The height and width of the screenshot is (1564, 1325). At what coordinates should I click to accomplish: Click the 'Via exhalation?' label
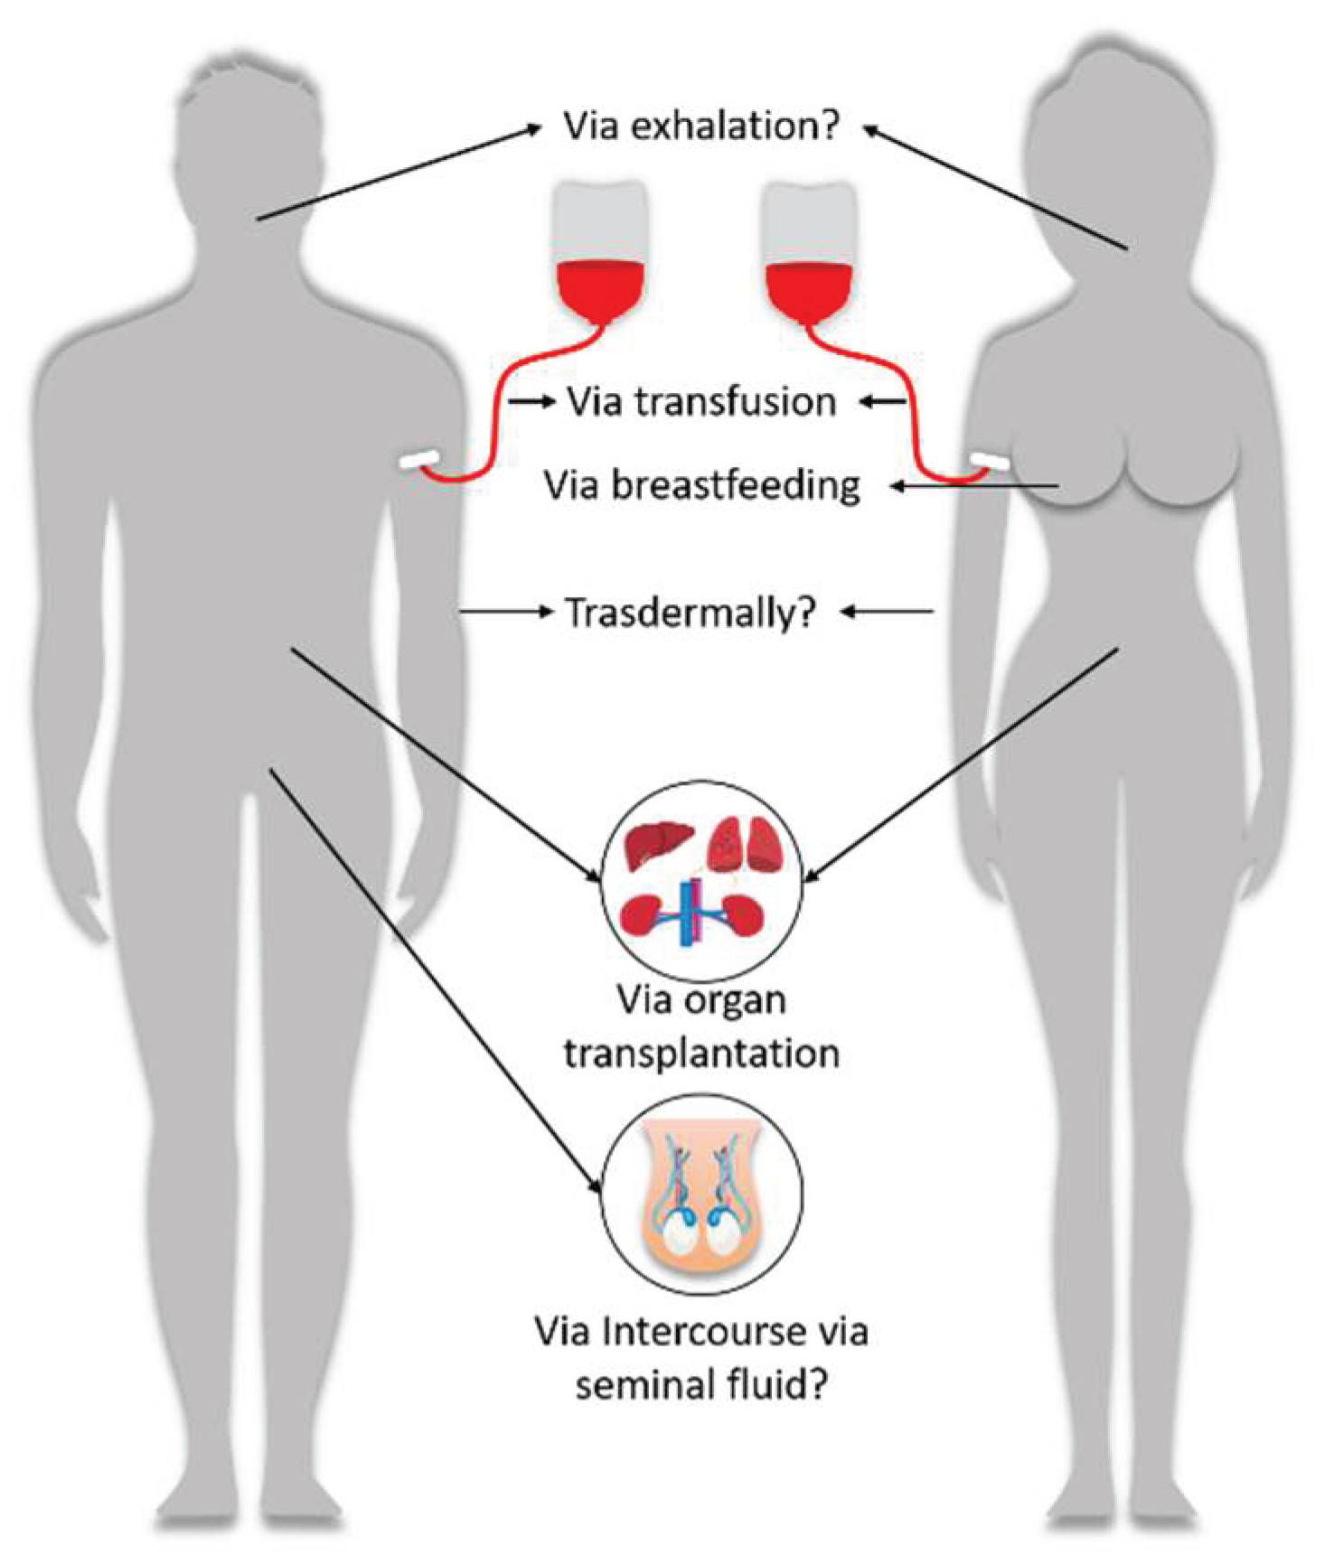(701, 126)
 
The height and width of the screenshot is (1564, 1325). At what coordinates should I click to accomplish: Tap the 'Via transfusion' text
(701, 402)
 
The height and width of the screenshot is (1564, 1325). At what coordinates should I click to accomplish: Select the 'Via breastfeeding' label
(701, 485)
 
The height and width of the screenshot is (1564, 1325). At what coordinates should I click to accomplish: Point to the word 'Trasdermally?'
(691, 613)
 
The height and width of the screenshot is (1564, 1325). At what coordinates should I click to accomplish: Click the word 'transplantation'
(701, 1053)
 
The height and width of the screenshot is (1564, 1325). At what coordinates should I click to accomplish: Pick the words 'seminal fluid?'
(701, 1384)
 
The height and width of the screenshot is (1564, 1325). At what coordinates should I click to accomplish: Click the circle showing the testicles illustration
(701, 1194)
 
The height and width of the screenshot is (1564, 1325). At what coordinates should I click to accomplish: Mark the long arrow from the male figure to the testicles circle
(434, 980)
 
